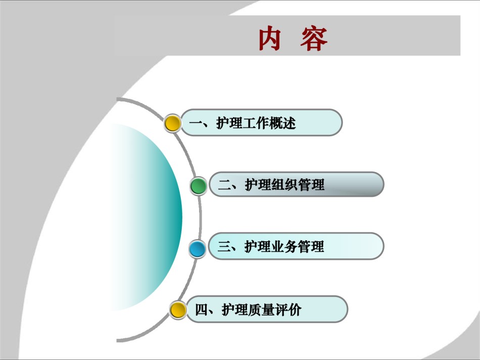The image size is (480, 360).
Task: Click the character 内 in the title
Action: (x=270, y=38)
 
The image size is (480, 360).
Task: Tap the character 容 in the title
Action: (x=314, y=38)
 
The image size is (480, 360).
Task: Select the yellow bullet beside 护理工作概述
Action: (x=172, y=123)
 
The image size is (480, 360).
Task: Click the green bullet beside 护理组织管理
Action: (x=199, y=186)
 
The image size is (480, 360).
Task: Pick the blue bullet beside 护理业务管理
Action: (x=198, y=248)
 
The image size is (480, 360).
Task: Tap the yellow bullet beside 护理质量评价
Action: (x=178, y=310)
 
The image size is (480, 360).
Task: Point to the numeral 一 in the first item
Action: (x=196, y=123)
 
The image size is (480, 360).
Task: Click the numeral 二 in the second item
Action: (x=225, y=185)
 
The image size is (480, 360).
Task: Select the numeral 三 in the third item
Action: (x=224, y=246)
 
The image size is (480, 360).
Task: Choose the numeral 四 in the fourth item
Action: (x=202, y=310)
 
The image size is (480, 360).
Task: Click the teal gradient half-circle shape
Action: (x=153, y=217)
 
